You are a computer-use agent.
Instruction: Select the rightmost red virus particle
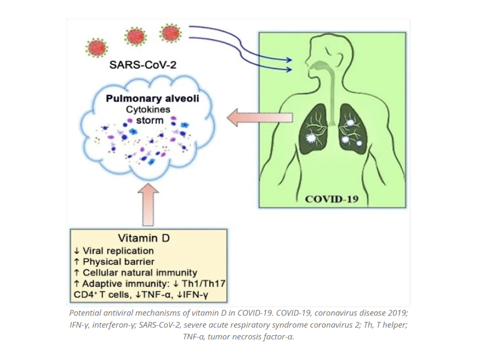[x=170, y=33]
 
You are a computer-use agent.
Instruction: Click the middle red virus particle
[x=135, y=36]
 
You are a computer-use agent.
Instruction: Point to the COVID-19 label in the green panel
[x=332, y=199]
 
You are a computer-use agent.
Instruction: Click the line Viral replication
[x=118, y=251]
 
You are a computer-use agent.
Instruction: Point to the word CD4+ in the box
[x=83, y=295]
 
